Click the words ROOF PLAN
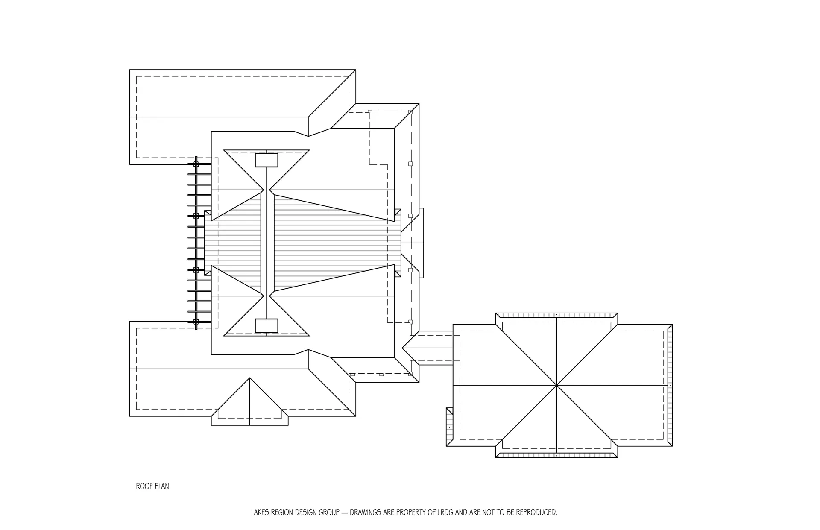(152, 486)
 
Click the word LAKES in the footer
(260, 512)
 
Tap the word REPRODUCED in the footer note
(536, 512)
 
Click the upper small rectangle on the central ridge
(266, 160)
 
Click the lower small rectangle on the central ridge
(266, 325)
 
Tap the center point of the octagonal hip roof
(557, 385)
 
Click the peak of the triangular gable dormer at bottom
(250, 378)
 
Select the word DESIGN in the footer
(308, 512)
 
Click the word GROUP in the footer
(331, 512)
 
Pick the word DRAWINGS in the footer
(366, 512)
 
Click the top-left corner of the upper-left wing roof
(130, 70)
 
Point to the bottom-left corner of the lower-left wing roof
(130, 416)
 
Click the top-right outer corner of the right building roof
(672, 324)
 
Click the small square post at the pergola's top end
(196, 164)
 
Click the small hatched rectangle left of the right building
(449, 427)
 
